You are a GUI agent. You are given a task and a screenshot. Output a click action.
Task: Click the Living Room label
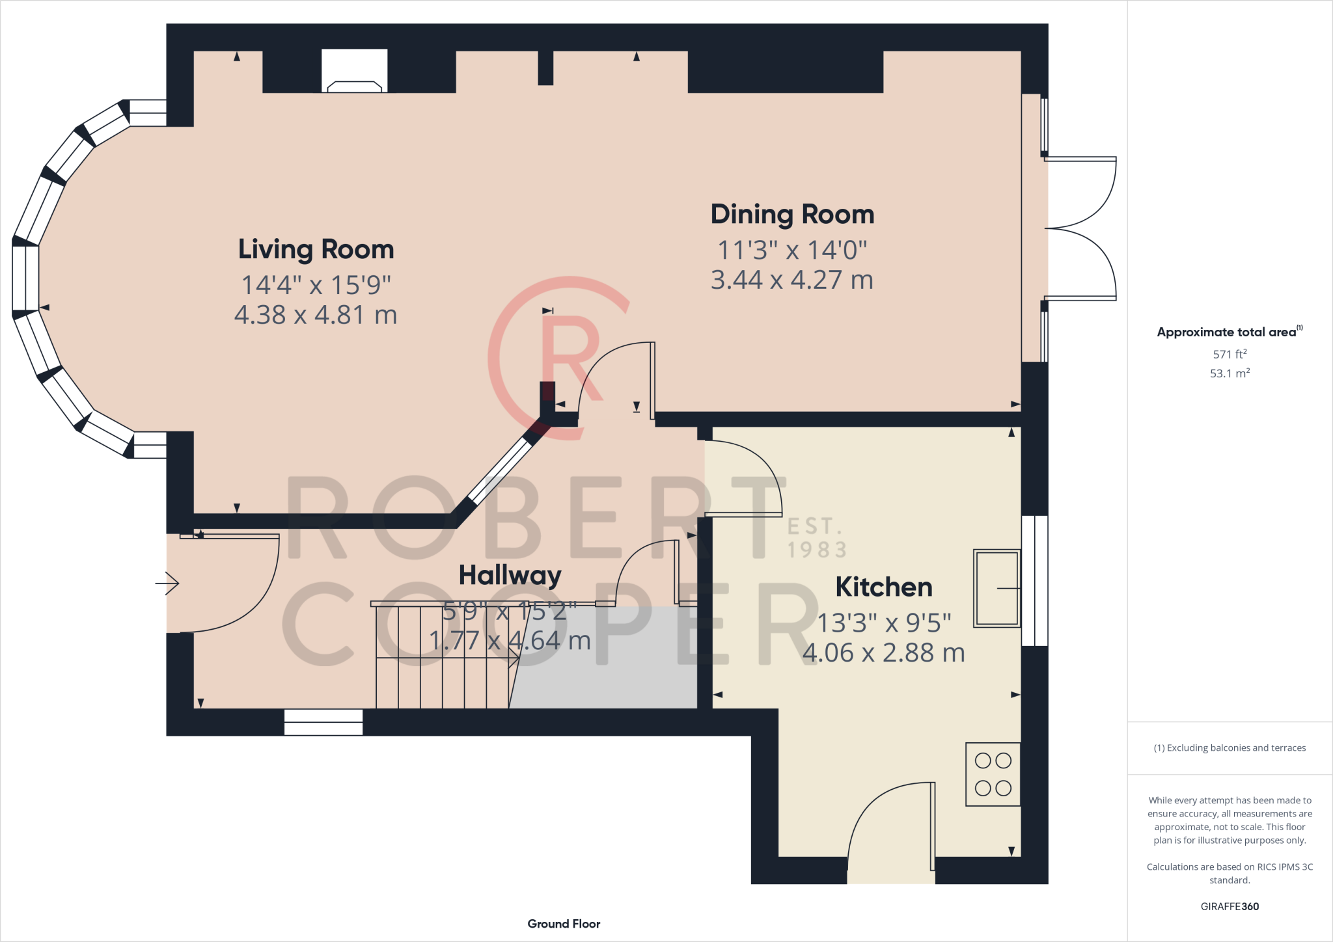click(x=316, y=250)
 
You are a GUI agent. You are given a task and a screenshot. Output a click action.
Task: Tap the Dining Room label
click(x=792, y=214)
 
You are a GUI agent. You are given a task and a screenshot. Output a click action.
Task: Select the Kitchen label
click(x=884, y=587)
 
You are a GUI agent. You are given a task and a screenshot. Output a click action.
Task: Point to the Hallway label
click(x=510, y=576)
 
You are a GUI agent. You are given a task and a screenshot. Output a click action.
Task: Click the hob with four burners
click(x=993, y=774)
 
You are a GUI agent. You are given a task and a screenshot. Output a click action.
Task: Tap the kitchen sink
click(x=996, y=588)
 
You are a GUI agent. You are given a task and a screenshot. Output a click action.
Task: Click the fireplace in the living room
click(x=355, y=71)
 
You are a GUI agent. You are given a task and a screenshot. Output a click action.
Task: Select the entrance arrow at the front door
click(x=167, y=583)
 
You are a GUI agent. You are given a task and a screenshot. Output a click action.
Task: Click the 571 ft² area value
click(x=1230, y=354)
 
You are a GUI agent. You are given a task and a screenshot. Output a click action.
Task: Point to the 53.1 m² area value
click(x=1230, y=373)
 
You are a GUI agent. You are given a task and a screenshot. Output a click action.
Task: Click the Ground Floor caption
click(x=564, y=924)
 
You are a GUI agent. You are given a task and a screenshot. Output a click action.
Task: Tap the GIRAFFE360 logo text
click(x=1230, y=906)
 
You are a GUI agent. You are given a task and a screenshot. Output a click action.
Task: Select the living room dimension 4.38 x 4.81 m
click(x=316, y=315)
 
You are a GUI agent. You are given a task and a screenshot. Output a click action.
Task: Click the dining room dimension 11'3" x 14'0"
click(x=792, y=250)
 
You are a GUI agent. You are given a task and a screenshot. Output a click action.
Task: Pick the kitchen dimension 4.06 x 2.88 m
click(x=884, y=653)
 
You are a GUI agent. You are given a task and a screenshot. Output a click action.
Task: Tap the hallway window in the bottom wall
click(x=323, y=722)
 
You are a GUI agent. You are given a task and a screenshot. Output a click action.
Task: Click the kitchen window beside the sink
click(x=1034, y=581)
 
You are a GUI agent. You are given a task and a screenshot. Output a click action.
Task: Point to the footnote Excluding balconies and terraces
click(x=1230, y=748)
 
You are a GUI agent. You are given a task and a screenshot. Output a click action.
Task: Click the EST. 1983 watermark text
click(x=817, y=538)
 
